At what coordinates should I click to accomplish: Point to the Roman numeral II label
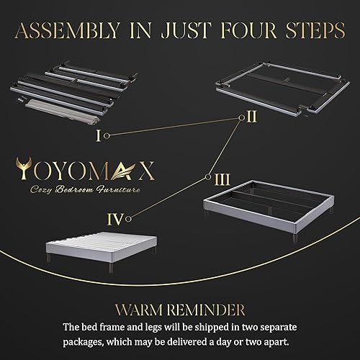[251, 118]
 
